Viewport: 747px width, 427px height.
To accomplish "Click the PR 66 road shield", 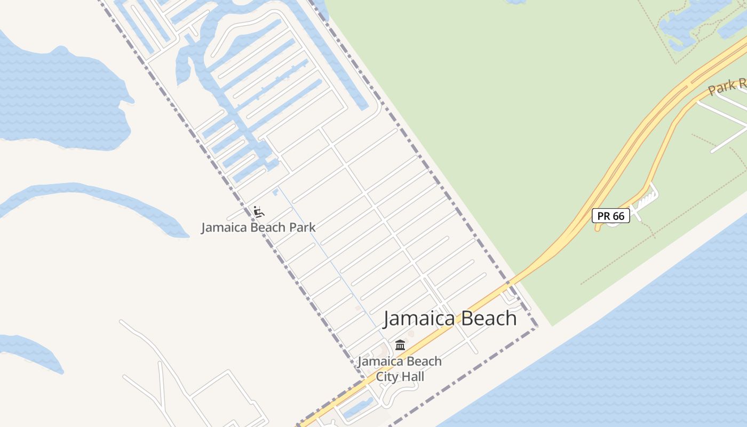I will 611,216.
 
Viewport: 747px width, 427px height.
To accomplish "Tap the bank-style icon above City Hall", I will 400,345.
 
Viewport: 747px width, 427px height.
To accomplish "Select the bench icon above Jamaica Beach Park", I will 259,212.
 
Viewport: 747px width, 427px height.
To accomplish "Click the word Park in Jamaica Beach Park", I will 302,227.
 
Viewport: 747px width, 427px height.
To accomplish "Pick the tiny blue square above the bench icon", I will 275,192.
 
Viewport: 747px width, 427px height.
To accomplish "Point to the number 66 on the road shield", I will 618,216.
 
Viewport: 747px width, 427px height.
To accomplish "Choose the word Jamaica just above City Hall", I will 378,361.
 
